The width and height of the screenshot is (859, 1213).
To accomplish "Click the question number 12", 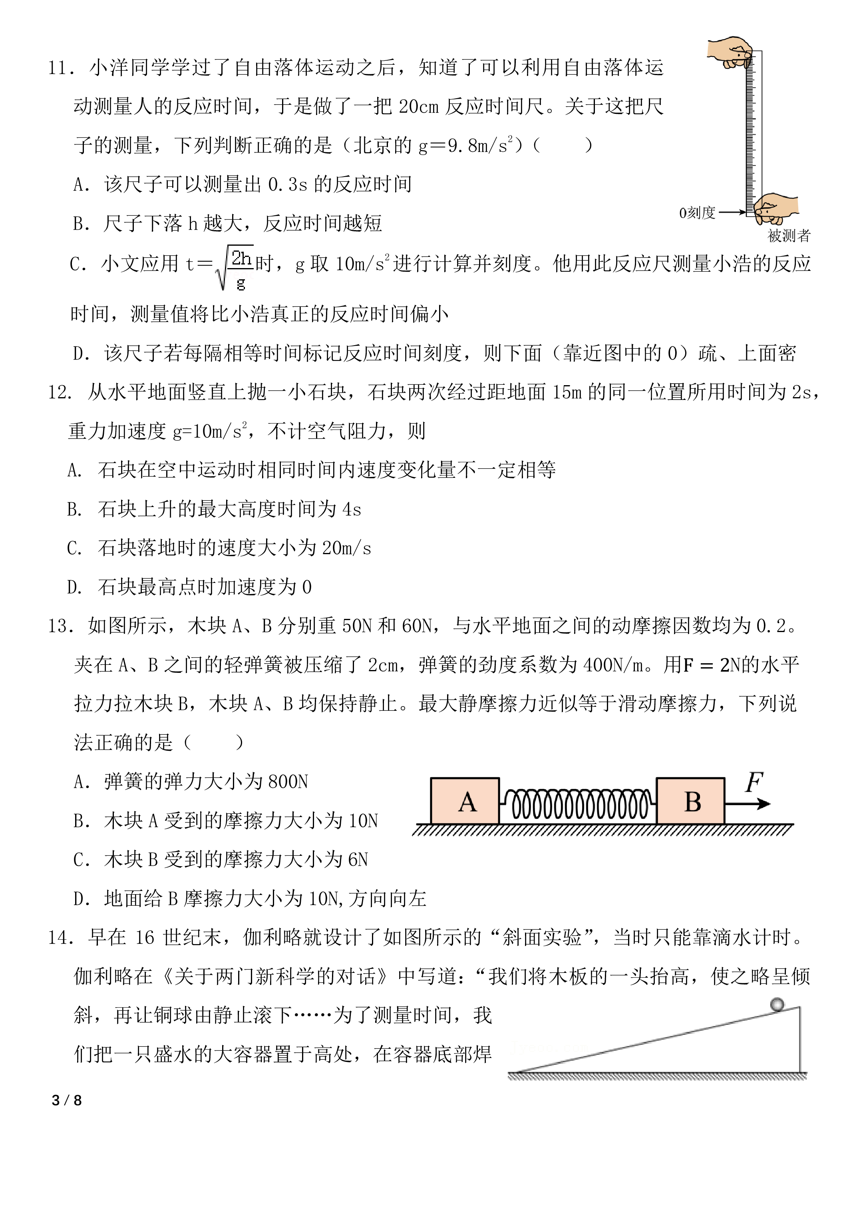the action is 60,392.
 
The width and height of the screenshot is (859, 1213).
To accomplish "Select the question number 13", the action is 61,626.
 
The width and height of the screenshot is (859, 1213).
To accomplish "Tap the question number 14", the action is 61,938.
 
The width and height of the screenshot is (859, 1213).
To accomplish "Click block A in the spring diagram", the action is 465,801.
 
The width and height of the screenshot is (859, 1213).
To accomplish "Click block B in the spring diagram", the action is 691,801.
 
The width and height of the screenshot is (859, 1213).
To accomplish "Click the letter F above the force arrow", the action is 754,782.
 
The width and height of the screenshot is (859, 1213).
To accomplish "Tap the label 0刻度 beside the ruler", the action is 697,213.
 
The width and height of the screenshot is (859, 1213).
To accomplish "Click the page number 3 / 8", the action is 67,1100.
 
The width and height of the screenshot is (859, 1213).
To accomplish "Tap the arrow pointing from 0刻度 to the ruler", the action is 732,212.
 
